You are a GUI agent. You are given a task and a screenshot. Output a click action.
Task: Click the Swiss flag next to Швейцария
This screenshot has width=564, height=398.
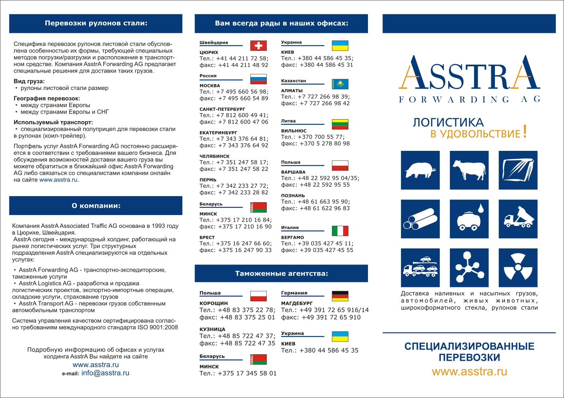point(258,46)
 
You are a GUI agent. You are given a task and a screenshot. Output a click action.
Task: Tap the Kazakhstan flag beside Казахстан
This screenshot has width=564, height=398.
point(340,84)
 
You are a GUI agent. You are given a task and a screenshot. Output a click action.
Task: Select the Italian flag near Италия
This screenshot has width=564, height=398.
point(340,231)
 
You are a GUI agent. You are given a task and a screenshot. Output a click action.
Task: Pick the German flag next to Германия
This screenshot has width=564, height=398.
point(340,296)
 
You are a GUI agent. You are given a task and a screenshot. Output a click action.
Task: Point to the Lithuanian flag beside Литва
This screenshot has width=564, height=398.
point(340,124)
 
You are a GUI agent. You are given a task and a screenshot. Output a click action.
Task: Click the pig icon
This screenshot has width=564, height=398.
point(420,170)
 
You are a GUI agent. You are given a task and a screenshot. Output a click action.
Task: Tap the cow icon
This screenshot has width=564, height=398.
point(469,170)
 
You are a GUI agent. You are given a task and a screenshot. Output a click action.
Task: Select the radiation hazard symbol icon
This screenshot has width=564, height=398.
point(518,268)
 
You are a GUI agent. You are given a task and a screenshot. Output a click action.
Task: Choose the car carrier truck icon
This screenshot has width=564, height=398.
point(420,268)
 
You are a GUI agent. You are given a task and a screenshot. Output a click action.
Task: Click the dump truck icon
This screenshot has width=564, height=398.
point(518,219)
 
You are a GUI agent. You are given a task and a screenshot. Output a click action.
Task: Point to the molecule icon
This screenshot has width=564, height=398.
point(469,268)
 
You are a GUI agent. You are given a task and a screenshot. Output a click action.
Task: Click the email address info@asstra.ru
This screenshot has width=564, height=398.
point(105,373)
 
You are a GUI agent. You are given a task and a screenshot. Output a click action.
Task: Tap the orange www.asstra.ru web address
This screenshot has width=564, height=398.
point(469,372)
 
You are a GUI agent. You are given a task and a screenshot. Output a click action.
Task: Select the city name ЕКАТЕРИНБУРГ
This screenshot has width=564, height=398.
point(218,132)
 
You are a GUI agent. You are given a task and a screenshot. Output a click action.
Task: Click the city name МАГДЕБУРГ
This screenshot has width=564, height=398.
point(296,303)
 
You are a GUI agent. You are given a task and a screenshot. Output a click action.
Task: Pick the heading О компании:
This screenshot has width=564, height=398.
point(96,206)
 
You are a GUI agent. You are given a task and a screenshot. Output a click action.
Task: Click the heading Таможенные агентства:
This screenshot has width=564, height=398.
point(281,274)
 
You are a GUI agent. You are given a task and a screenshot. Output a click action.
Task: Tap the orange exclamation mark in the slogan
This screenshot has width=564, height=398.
point(525,132)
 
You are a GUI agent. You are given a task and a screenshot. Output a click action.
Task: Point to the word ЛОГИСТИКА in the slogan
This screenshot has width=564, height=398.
point(448,122)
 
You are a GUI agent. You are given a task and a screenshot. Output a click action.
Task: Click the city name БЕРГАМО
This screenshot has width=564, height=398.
point(292,238)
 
